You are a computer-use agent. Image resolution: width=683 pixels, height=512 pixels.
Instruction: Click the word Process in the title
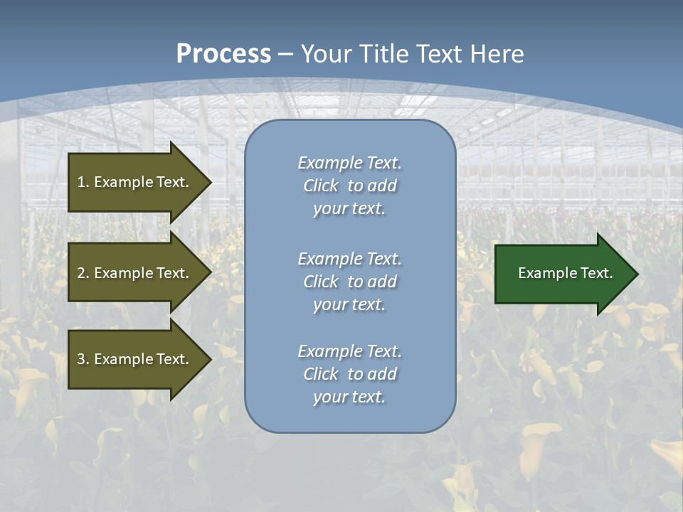point(223,54)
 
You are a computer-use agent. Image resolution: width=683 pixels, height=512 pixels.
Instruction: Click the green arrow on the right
point(562,274)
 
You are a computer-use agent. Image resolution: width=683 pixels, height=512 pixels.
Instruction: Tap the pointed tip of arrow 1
point(210,182)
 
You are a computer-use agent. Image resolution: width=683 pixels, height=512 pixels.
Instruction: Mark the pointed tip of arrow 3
point(210,359)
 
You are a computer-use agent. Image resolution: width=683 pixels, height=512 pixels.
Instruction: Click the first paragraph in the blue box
point(349,186)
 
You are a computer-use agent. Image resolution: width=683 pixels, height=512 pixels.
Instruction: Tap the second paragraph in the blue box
point(349,282)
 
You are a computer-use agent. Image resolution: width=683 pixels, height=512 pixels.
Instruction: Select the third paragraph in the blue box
point(349,374)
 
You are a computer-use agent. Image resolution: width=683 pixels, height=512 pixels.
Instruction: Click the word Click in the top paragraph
point(321,186)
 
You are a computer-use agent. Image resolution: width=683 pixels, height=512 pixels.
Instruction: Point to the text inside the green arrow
point(566,273)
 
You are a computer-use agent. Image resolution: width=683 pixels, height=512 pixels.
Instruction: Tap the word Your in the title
point(327,54)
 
